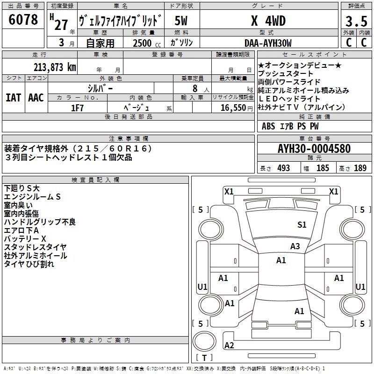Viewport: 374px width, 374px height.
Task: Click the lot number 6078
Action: pyautogui.click(x=23, y=20)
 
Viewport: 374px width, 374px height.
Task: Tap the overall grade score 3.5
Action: pyautogui.click(x=356, y=22)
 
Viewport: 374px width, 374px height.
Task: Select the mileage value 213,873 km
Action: pyautogui.click(x=55, y=67)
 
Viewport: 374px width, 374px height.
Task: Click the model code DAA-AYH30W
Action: pyautogui.click(x=268, y=43)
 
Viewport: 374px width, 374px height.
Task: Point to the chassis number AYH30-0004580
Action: pyautogui.click(x=314, y=149)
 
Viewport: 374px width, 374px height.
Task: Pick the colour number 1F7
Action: pyautogui.click(x=77, y=108)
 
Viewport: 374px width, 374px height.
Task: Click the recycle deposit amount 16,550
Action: pyautogui.click(x=233, y=108)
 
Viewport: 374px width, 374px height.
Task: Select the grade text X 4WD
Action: pyautogui.click(x=268, y=21)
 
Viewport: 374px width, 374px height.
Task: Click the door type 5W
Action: pyautogui.click(x=181, y=21)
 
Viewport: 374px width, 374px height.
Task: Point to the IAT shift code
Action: pyautogui.click(x=13, y=98)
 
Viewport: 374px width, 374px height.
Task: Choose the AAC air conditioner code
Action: pyautogui.click(x=36, y=98)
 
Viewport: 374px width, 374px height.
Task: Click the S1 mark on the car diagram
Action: pyautogui.click(x=302, y=224)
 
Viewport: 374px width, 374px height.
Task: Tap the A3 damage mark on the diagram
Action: pyautogui.click(x=295, y=246)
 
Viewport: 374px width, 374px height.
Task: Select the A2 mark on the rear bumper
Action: pyautogui.click(x=229, y=345)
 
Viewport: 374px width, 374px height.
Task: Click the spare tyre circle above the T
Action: pyautogui.click(x=204, y=341)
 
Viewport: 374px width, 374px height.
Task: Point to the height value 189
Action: pyautogui.click(x=360, y=168)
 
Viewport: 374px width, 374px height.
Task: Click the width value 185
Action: pyautogui.click(x=323, y=168)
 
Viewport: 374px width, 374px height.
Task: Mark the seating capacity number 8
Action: pyautogui.click(x=195, y=88)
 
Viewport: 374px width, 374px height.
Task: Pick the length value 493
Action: pyautogui.click(x=284, y=168)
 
